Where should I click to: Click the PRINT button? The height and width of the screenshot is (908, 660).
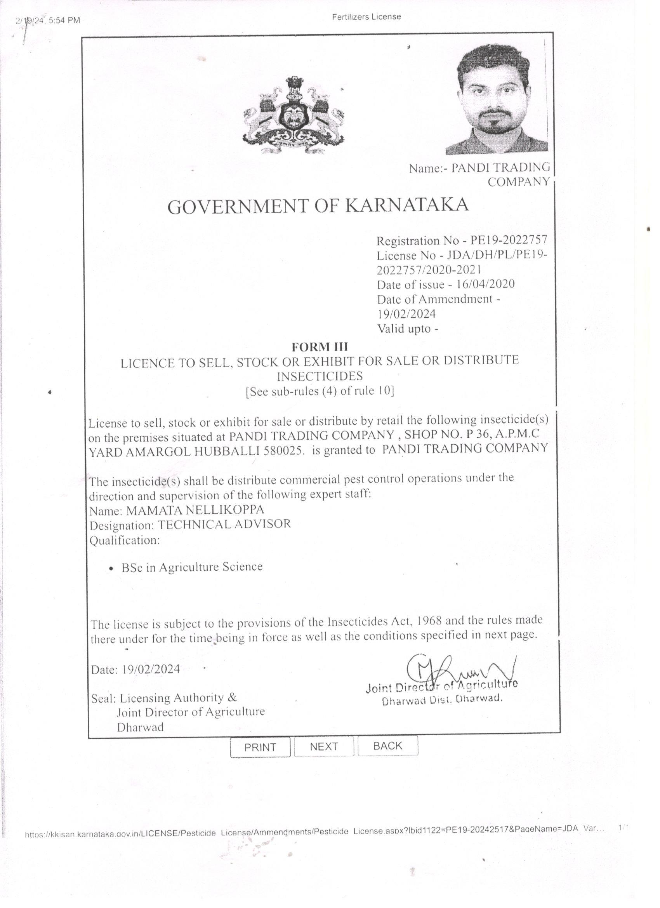pos(260,747)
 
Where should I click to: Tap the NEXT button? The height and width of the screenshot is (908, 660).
pos(324,746)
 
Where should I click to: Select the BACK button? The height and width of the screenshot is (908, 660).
pos(387,745)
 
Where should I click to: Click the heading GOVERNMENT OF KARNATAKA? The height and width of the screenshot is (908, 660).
pos(318,206)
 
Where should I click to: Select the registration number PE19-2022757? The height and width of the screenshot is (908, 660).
pos(508,240)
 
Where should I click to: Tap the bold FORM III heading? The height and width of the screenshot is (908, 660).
pos(320,346)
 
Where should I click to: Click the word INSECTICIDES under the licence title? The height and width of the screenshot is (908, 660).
pos(320,376)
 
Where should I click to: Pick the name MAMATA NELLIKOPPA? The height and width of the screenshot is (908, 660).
pos(195,510)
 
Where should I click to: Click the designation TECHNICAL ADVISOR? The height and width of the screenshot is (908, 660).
pos(224,524)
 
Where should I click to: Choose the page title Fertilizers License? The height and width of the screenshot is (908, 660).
pos(366,17)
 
